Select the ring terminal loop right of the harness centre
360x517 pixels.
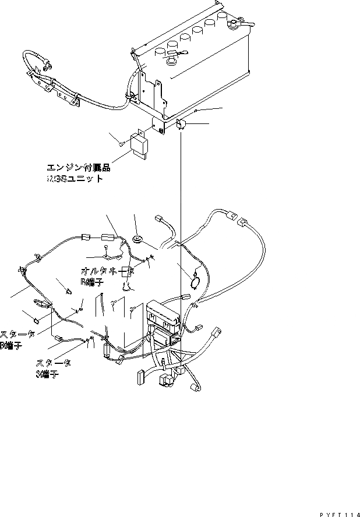click(195, 278)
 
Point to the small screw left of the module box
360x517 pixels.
click(120, 143)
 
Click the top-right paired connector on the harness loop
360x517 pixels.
click(237, 221)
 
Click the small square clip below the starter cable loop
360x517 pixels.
click(37, 320)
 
